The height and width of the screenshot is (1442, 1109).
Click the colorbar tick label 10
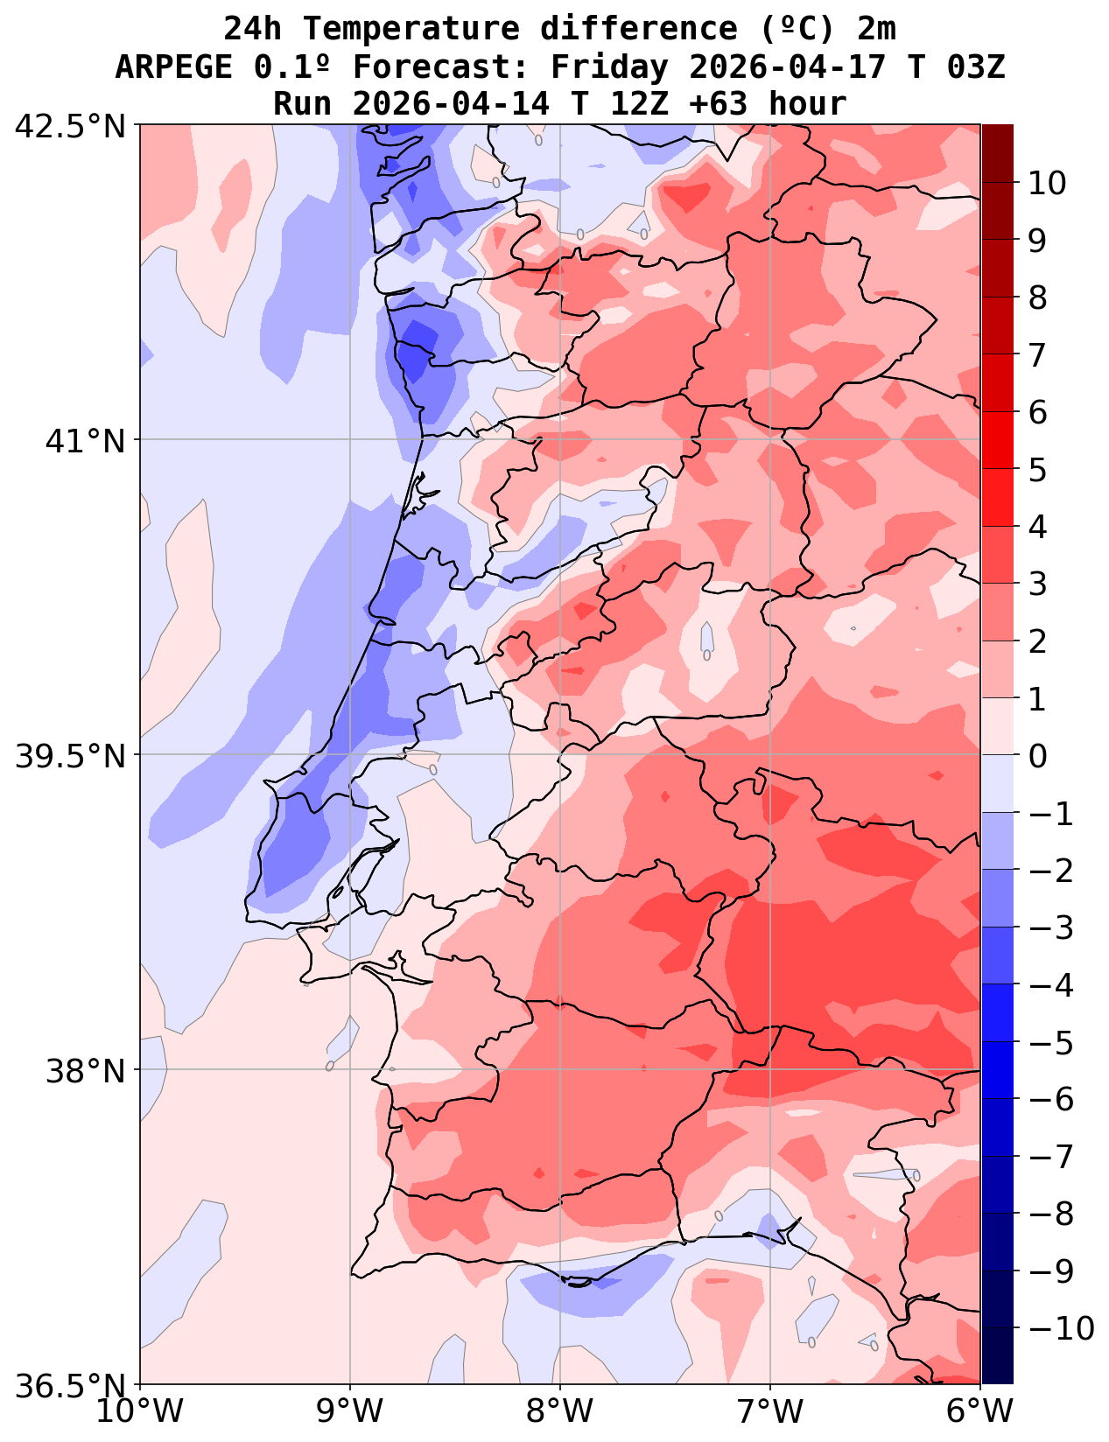point(1047,184)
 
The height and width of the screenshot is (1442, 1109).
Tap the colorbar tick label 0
point(1037,755)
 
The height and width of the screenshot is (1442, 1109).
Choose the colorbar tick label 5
point(1037,470)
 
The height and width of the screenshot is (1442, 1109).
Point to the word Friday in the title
point(612,66)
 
